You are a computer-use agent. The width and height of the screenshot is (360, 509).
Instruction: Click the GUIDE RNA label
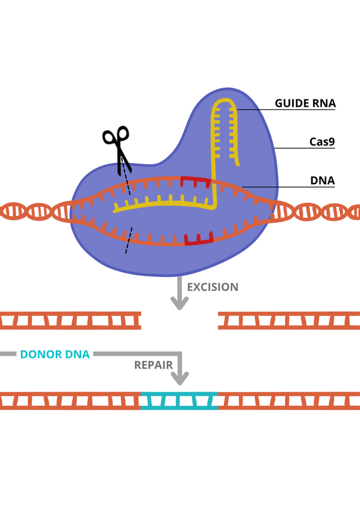pyautogui.click(x=305, y=103)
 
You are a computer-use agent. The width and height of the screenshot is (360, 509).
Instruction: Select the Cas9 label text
pyautogui.click(x=322, y=143)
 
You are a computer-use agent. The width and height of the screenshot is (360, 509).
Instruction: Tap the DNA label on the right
pyautogui.click(x=323, y=180)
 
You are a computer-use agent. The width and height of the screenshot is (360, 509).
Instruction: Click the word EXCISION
pyautogui.click(x=212, y=287)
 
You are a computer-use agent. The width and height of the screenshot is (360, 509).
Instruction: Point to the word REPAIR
pyautogui.click(x=154, y=365)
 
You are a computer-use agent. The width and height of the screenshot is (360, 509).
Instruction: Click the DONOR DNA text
pyautogui.click(x=55, y=354)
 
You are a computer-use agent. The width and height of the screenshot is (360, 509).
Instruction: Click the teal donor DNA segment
pyautogui.click(x=179, y=400)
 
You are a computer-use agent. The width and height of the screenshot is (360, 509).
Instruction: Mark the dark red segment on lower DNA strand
pyautogui.click(x=199, y=240)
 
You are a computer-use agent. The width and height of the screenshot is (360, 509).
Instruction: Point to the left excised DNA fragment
pyautogui.click(x=70, y=321)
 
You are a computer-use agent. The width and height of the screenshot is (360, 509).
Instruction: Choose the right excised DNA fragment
pyautogui.click(x=289, y=321)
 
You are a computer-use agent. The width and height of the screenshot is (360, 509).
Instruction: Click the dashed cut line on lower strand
pyautogui.click(x=129, y=240)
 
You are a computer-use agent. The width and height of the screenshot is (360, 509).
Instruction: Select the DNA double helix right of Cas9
pyautogui.click(x=318, y=212)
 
